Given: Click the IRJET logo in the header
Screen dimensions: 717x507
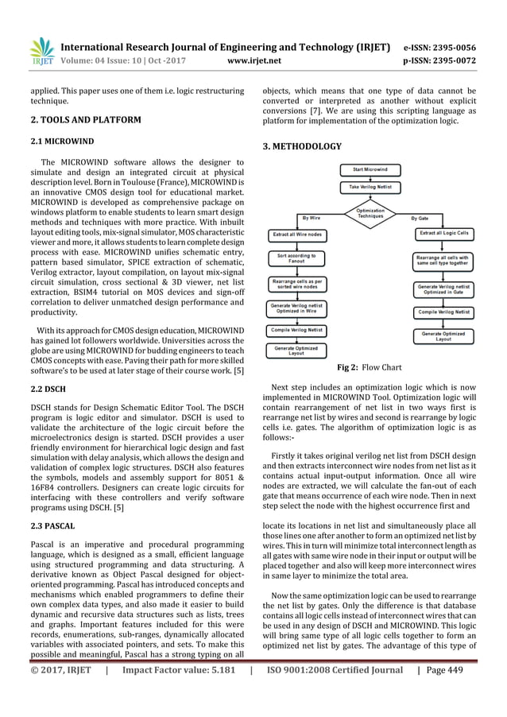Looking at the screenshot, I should [x=41, y=50].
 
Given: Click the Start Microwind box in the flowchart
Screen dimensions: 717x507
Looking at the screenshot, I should [x=370, y=169].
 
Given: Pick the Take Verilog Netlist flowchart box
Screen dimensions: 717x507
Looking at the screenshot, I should [x=370, y=186].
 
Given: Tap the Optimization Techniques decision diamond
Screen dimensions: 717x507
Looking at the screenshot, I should [x=370, y=214].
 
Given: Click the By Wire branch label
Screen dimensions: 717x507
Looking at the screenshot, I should [x=311, y=216].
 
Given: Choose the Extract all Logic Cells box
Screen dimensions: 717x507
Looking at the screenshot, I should [x=443, y=233].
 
